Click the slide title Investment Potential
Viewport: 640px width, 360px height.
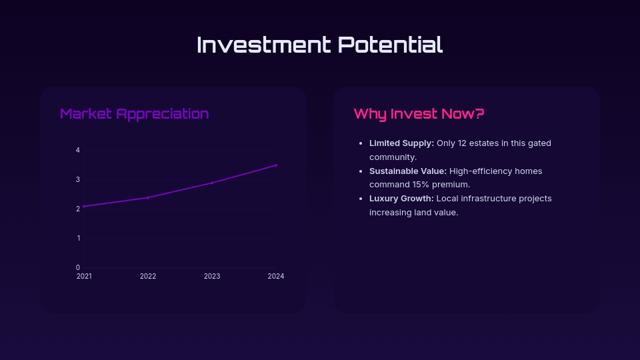[x=319, y=45]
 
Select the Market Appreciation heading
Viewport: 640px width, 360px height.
[x=134, y=114]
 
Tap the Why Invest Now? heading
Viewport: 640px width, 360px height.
[x=419, y=113]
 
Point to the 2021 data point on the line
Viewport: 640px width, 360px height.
[x=84, y=207]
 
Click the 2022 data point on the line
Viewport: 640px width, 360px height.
[x=148, y=197]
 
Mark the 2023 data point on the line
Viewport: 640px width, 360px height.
[x=212, y=183]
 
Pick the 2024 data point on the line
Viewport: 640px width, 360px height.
[x=276, y=165]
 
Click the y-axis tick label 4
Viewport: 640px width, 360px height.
[x=78, y=150]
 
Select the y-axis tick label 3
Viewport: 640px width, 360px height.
[x=78, y=179]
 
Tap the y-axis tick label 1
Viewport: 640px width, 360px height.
[x=79, y=239]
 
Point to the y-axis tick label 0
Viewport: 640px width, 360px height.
[x=78, y=268]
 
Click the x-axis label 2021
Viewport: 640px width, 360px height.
[x=84, y=276]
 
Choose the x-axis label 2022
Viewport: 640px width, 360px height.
[x=148, y=276]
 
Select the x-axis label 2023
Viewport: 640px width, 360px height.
[x=212, y=276]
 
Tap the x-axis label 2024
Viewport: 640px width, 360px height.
[x=276, y=276]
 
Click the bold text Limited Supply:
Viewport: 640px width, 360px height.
[x=401, y=143]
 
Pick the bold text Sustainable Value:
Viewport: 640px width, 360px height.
[x=408, y=171]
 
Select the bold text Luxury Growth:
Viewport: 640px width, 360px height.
[x=401, y=199]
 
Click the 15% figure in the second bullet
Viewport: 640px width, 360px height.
[x=421, y=185]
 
